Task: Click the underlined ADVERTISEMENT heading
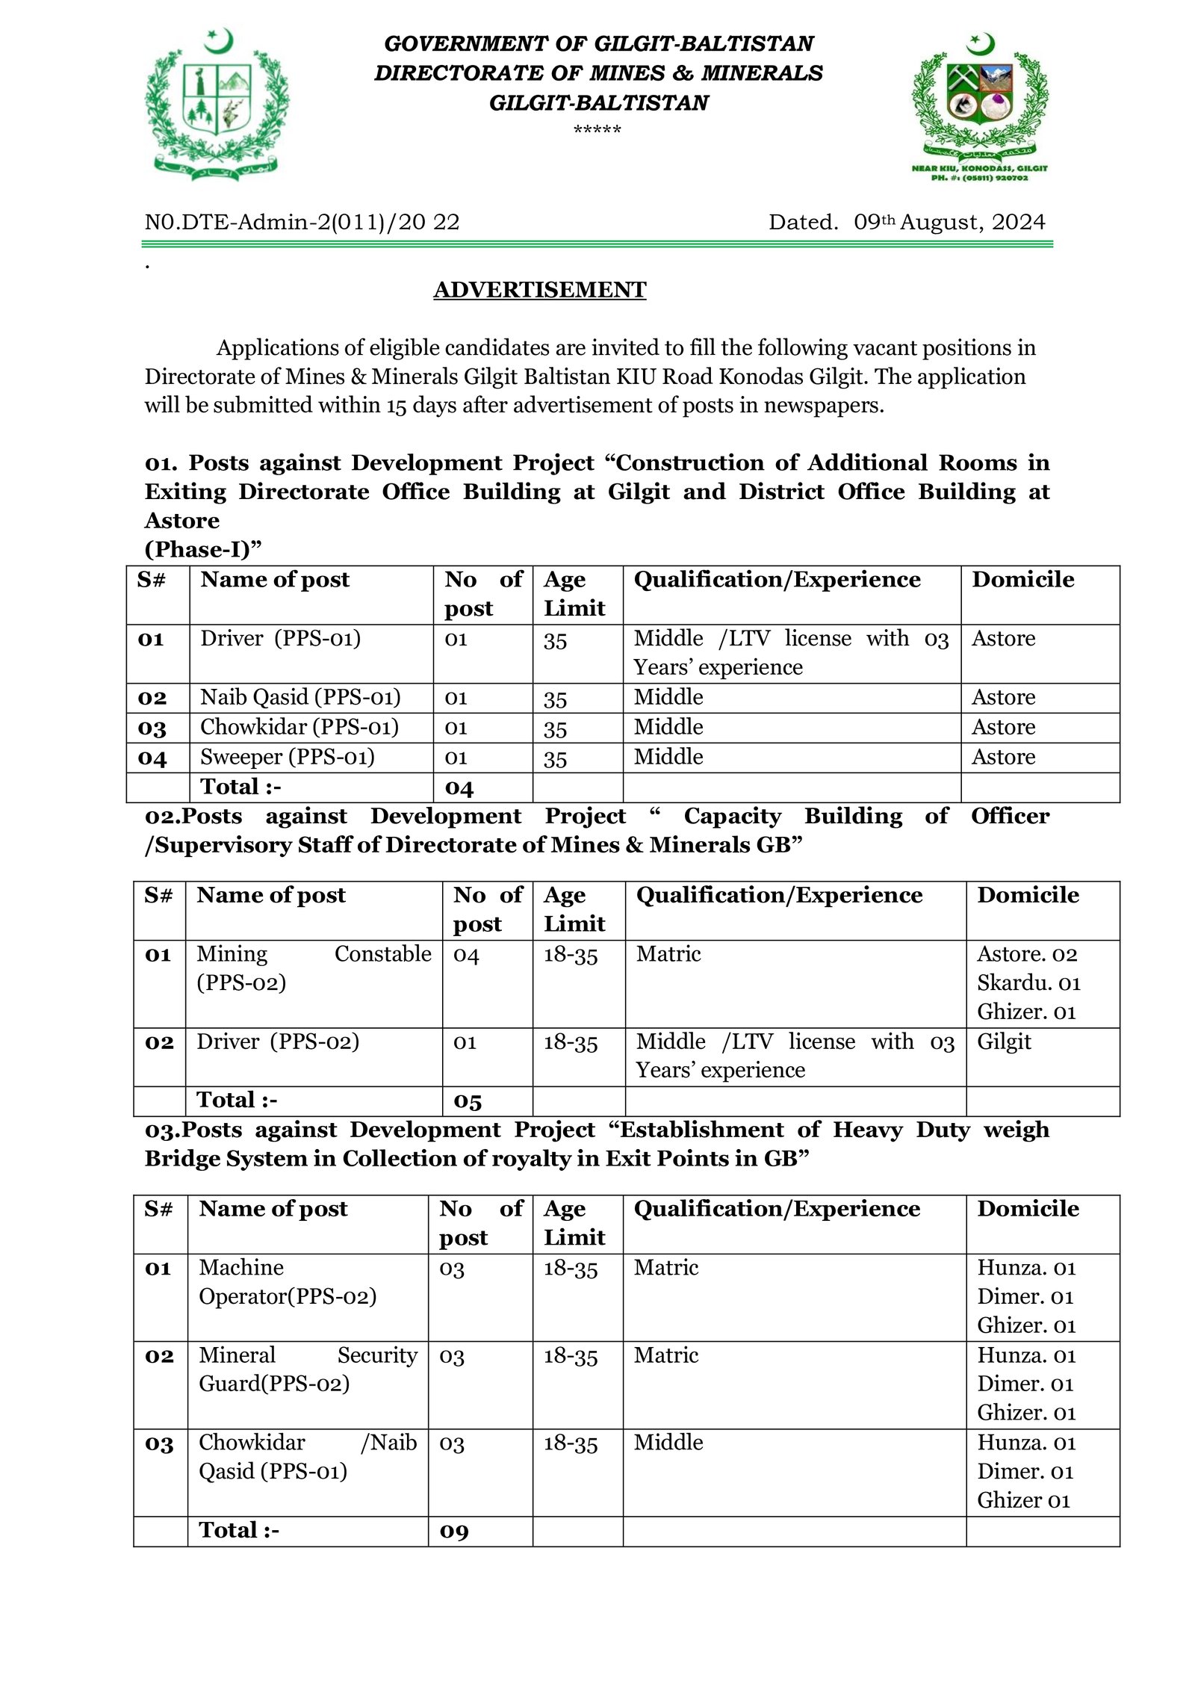click(539, 290)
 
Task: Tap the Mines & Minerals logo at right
click(979, 105)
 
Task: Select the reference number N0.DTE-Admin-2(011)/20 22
click(302, 223)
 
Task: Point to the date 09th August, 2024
click(949, 223)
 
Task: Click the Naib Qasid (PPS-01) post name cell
click(300, 697)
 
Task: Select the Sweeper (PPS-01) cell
click(288, 757)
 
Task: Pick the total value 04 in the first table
click(459, 787)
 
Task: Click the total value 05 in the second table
click(467, 1101)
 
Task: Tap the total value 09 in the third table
click(453, 1531)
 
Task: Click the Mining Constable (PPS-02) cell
click(314, 968)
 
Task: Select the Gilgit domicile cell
click(1004, 1041)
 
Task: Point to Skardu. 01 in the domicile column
click(1028, 983)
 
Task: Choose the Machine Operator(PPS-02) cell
click(288, 1281)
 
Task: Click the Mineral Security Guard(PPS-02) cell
click(308, 1369)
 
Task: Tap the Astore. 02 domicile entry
click(1027, 954)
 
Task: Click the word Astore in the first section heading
click(182, 521)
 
